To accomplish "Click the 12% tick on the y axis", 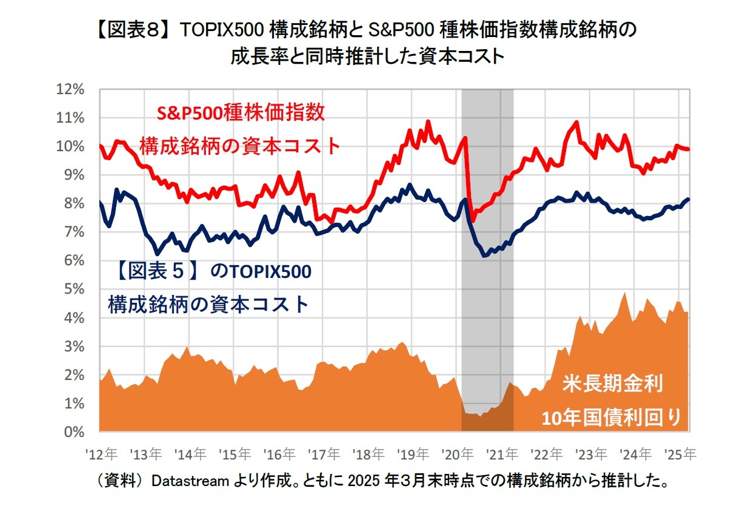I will pyautogui.click(x=72, y=89).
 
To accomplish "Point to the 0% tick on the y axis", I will pyautogui.click(x=75, y=432).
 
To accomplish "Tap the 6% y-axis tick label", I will pyautogui.click(x=75, y=261).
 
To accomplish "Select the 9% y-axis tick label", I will pyautogui.click(x=75, y=175).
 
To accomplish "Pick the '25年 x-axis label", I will pyautogui.click(x=681, y=453).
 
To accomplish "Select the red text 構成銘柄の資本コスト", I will pyautogui.click(x=240, y=146).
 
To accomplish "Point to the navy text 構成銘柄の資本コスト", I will pyautogui.click(x=209, y=303).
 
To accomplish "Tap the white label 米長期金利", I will pyautogui.click(x=613, y=384).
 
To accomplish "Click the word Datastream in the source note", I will pyautogui.click(x=189, y=482).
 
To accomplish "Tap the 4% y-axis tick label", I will pyautogui.click(x=75, y=318).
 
